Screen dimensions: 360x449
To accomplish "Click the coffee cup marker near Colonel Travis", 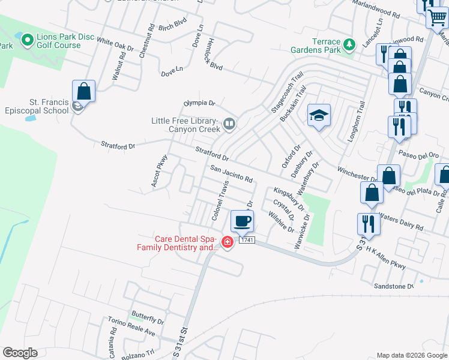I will (x=243, y=221).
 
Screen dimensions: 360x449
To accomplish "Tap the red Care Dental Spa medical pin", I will (x=228, y=242).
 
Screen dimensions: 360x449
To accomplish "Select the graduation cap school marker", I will (x=319, y=116).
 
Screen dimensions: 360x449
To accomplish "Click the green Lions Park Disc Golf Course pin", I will (x=27, y=40).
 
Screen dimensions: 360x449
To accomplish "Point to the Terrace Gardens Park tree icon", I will (x=349, y=44).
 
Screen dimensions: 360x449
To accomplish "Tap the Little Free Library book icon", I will (x=229, y=124).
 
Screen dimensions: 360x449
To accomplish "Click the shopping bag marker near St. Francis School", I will (x=84, y=92).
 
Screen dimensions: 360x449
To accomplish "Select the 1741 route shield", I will (x=247, y=240).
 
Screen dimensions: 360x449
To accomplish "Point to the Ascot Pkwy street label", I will (x=160, y=172).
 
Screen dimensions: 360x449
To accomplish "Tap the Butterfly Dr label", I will (x=148, y=321).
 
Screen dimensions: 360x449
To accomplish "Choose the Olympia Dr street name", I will (x=199, y=103).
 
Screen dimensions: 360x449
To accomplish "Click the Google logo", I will (x=20, y=353).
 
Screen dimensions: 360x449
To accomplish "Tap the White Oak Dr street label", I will (x=115, y=45).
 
